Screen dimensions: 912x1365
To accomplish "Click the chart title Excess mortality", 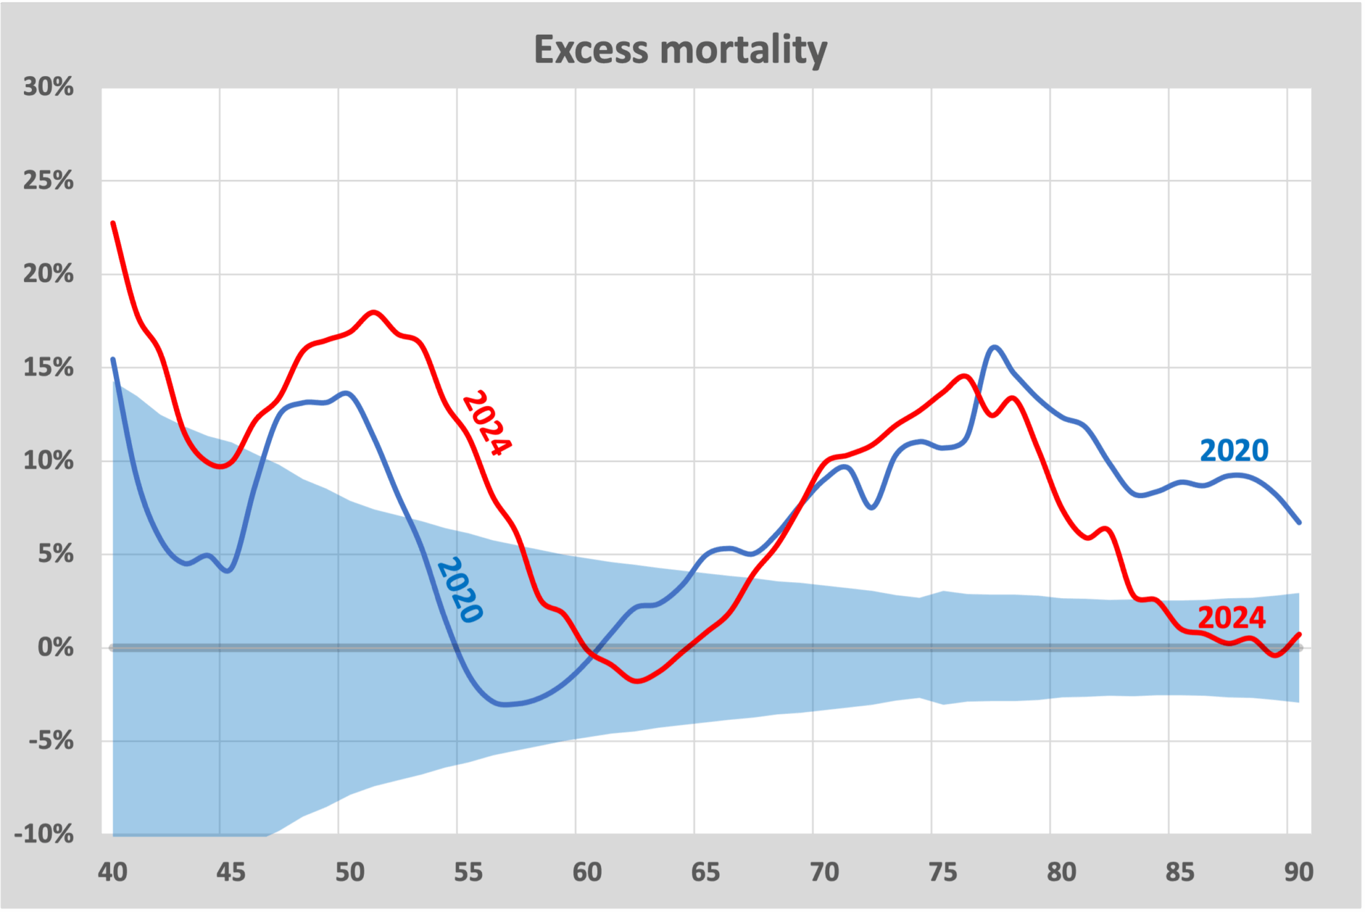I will click(x=681, y=50).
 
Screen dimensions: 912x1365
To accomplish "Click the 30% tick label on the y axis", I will click(x=49, y=87).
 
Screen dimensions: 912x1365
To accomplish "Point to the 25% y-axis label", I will click(x=49, y=181).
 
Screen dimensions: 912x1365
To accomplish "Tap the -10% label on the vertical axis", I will click(x=44, y=834).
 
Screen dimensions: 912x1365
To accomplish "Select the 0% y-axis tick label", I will click(x=55, y=647).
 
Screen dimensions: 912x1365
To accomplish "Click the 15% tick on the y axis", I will click(x=49, y=367).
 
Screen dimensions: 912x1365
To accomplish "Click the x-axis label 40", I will click(x=113, y=872).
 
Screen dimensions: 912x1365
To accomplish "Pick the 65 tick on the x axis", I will click(x=705, y=872).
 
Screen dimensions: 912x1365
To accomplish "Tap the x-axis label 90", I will click(x=1298, y=872).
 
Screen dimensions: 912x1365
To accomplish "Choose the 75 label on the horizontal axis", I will click(x=942, y=872).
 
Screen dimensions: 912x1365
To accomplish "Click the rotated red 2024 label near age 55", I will click(x=487, y=423).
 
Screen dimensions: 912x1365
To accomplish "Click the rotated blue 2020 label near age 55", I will click(x=460, y=590).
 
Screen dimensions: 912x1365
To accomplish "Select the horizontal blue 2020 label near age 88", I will click(x=1234, y=451).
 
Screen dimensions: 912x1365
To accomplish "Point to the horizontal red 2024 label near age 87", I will click(x=1232, y=618).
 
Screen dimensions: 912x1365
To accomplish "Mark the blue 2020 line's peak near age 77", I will click(x=994, y=347).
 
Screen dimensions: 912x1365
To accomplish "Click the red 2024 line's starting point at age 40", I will click(x=113, y=223).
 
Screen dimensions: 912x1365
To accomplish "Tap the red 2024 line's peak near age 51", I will click(x=373, y=312).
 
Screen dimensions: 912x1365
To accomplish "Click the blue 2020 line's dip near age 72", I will click(x=872, y=508).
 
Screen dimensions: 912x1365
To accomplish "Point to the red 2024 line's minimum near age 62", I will click(x=637, y=681).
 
